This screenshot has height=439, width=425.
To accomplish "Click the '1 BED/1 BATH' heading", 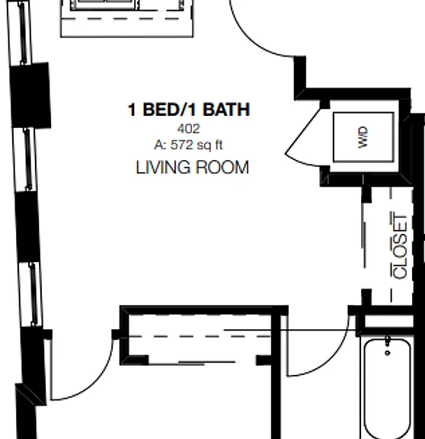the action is pos(189,110).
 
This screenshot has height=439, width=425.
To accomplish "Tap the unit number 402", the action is pos(189,129).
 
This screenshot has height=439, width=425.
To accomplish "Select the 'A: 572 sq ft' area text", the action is pos(188,145).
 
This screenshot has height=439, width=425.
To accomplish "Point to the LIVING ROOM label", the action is pos(192,168).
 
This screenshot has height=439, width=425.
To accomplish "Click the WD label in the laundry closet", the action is pos(363,137).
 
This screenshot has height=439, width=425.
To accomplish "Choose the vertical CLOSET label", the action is pos(400,246).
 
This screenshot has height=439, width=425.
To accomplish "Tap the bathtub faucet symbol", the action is pos(388,346).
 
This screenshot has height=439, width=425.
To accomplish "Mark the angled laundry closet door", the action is pos(302,131).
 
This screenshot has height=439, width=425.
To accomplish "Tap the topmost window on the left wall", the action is pos(20,33).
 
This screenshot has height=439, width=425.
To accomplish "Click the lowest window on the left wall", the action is pos(30,294).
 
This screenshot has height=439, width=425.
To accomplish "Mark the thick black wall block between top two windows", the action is pos(30,95).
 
